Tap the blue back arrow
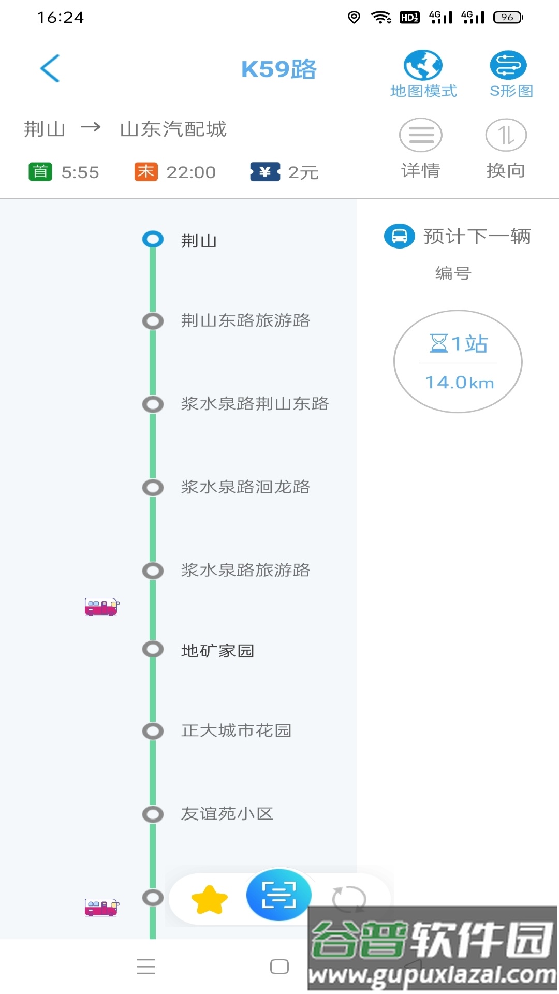tap(50, 68)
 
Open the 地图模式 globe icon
tap(423, 65)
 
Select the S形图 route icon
tap(508, 65)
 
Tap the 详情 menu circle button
tap(420, 135)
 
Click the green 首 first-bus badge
tap(40, 171)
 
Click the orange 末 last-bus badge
tap(146, 171)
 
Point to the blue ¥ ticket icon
tap(265, 171)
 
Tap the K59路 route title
tap(278, 69)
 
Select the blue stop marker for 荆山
tap(153, 239)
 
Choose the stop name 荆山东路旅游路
tap(245, 320)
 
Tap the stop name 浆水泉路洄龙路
tap(245, 487)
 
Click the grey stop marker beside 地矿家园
tap(153, 649)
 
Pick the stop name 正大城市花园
tap(236, 730)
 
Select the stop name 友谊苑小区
tap(227, 814)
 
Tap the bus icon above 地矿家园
tap(102, 606)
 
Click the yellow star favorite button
tap(210, 900)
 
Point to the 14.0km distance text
tap(460, 383)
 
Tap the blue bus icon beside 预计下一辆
tap(399, 236)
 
